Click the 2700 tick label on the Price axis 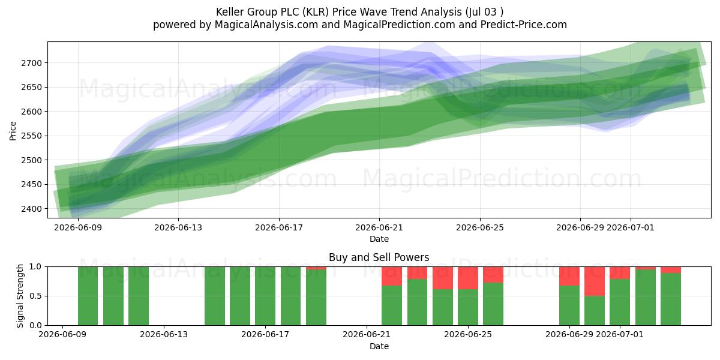(31, 63)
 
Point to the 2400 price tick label (31, 209)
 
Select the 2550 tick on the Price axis (31, 136)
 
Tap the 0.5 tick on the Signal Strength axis (35, 296)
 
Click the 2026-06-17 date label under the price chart (279, 227)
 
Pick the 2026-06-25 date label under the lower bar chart (468, 335)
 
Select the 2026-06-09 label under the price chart (78, 227)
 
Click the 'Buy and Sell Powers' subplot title (379, 257)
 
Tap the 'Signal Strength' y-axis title (20, 296)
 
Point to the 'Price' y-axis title (13, 131)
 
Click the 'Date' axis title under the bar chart (379, 346)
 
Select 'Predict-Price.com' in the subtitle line (524, 25)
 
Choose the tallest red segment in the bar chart (595, 281)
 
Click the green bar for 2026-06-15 (215, 296)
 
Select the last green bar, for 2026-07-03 (671, 299)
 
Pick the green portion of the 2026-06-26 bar (493, 304)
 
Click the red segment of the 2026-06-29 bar (569, 276)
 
